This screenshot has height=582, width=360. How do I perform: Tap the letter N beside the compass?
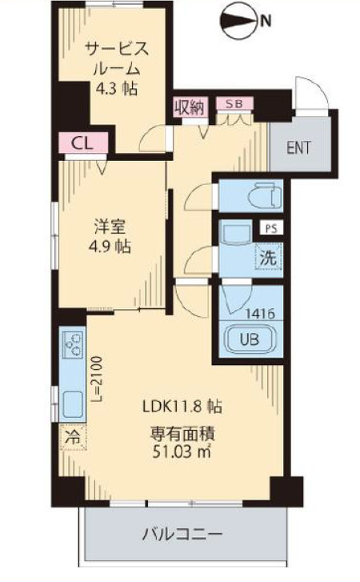click(x=264, y=22)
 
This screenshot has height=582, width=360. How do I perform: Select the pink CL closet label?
click(x=80, y=143)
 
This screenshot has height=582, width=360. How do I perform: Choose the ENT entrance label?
click(x=298, y=147)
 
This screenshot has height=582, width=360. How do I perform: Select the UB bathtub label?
click(x=250, y=339)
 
